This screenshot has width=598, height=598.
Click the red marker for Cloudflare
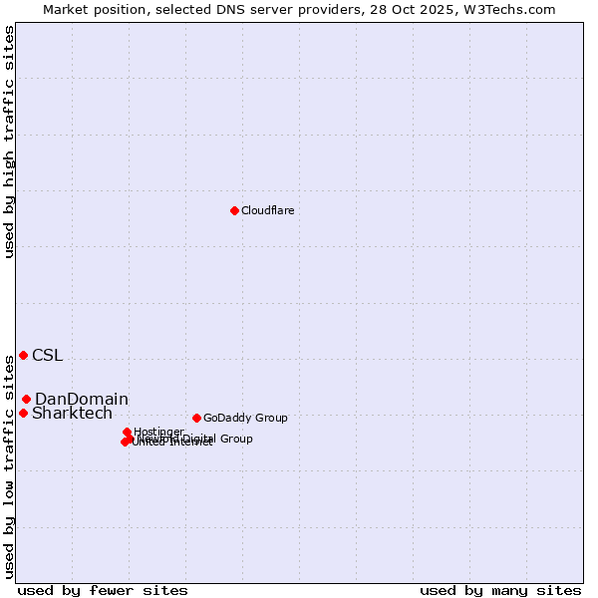click(234, 210)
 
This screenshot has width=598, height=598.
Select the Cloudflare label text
click(267, 211)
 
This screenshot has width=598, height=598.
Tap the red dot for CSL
click(23, 355)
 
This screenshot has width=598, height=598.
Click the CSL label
click(47, 356)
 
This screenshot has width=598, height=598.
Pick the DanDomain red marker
click(27, 399)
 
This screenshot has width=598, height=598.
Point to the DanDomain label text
click(82, 400)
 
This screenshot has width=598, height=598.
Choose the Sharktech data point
click(23, 413)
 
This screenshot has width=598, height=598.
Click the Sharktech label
click(72, 414)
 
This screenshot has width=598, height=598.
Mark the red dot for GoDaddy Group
click(196, 418)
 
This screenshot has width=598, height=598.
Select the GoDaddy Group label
click(245, 419)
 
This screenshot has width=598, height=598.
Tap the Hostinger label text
click(158, 432)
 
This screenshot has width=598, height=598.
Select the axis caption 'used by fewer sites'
click(103, 590)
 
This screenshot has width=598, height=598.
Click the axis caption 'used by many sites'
click(500, 590)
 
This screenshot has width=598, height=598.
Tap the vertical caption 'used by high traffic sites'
click(10, 143)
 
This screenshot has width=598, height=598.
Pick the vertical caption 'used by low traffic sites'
click(10, 466)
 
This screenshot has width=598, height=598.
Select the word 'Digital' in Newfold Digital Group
click(203, 439)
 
